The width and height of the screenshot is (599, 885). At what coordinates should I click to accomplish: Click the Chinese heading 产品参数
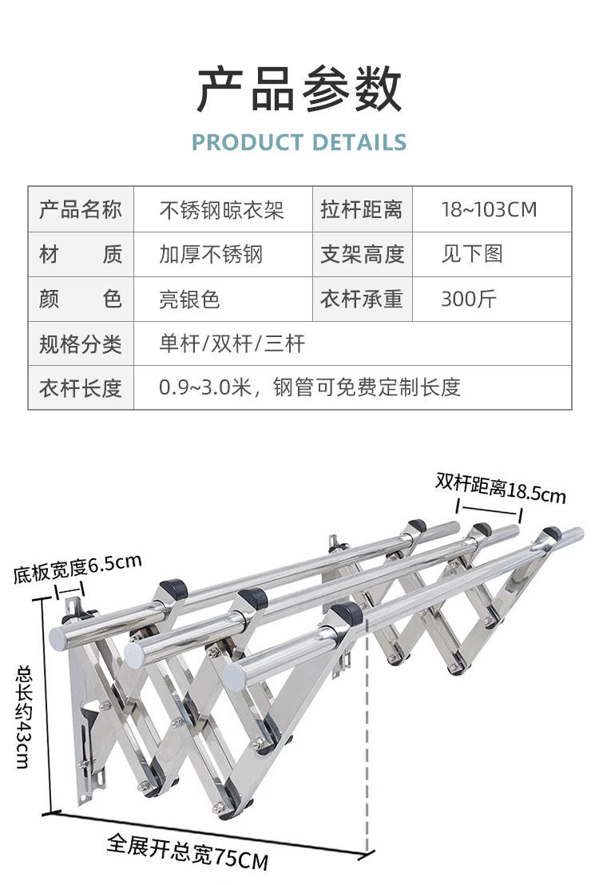pyautogui.click(x=299, y=89)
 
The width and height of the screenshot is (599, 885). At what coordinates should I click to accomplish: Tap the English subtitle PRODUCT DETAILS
pyautogui.click(x=299, y=143)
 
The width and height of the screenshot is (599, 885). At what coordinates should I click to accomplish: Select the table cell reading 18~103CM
pyautogui.click(x=489, y=210)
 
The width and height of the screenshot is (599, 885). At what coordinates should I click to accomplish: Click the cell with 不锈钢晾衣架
pyautogui.click(x=222, y=210)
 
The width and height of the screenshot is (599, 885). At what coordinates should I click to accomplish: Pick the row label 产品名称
pyautogui.click(x=81, y=210)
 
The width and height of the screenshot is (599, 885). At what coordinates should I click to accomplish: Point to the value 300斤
pyautogui.click(x=469, y=300)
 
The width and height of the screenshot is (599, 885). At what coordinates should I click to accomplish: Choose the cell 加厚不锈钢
pyautogui.click(x=211, y=255)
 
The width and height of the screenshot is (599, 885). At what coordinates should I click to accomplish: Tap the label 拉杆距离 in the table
pyautogui.click(x=362, y=210)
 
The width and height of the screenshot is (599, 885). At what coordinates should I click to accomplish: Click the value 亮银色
pyautogui.click(x=189, y=300)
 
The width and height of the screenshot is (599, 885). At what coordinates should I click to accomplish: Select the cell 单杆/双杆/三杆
pyautogui.click(x=232, y=344)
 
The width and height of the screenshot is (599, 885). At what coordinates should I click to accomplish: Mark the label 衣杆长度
pyautogui.click(x=81, y=388)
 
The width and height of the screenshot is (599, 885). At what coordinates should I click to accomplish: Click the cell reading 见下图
pyautogui.click(x=472, y=255)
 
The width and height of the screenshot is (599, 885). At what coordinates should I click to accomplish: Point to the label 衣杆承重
pyautogui.click(x=362, y=300)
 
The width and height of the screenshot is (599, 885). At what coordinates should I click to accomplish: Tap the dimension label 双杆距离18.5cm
pyautogui.click(x=501, y=487)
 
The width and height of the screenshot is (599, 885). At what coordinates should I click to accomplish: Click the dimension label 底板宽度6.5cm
pyautogui.click(x=77, y=568)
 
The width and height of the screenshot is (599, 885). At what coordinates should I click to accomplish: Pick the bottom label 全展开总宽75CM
pyautogui.click(x=188, y=851)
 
